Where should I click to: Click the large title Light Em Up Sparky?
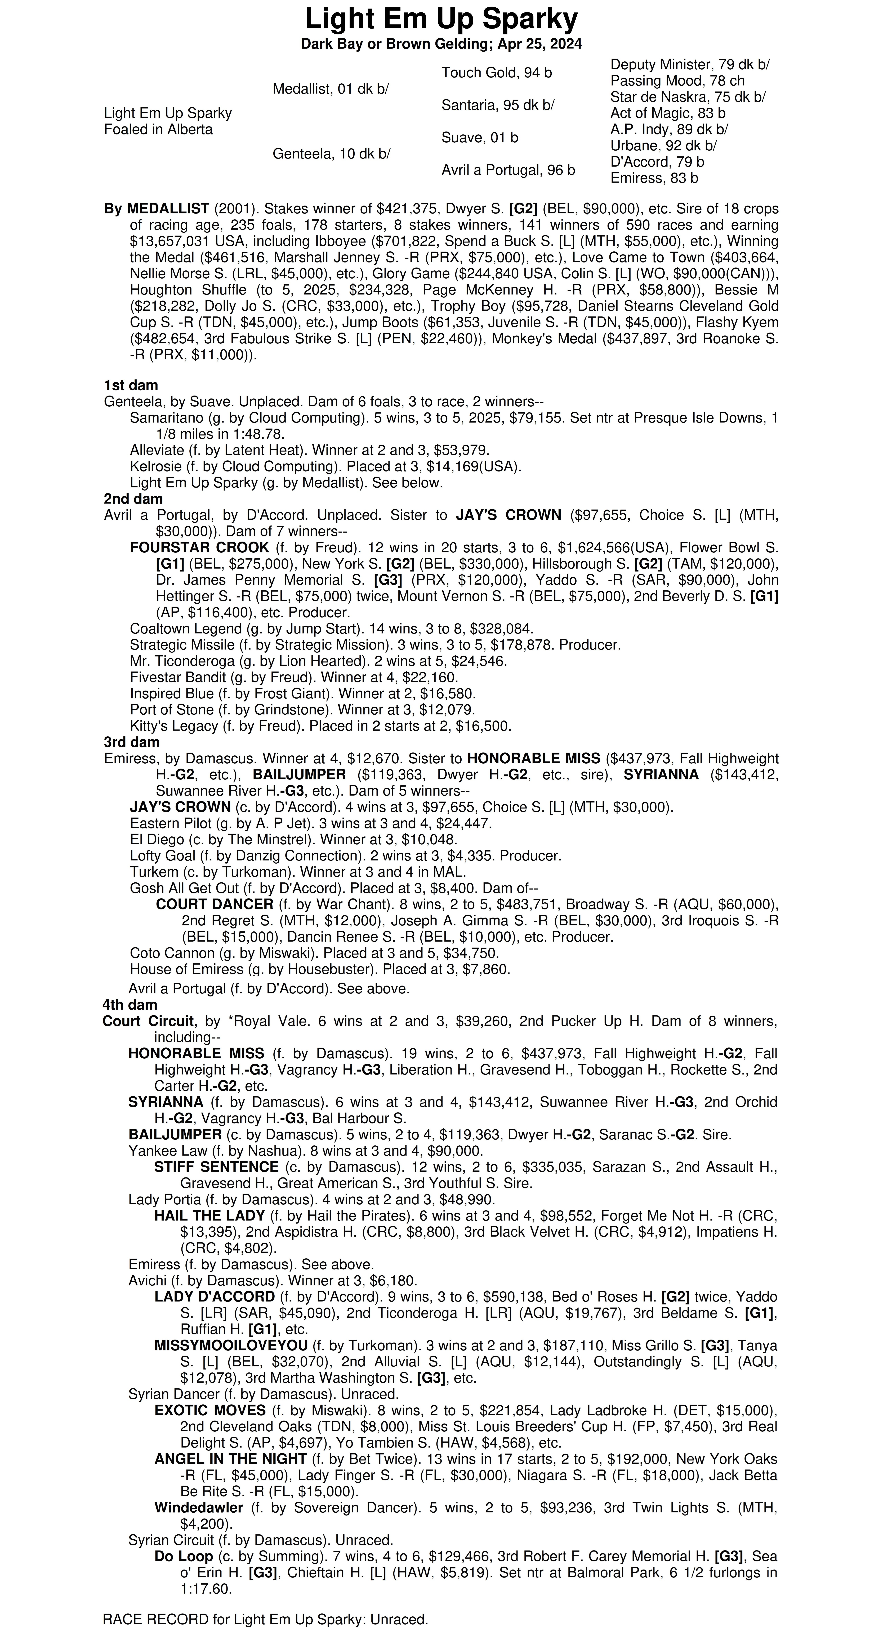coord(441,19)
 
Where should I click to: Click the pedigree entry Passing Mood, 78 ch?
coord(677,81)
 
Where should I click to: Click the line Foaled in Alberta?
coord(158,130)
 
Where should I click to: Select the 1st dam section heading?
coord(131,385)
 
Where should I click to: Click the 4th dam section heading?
coord(130,1005)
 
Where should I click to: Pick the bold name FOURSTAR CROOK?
coord(200,548)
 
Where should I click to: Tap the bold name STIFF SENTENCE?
coord(216,1167)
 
